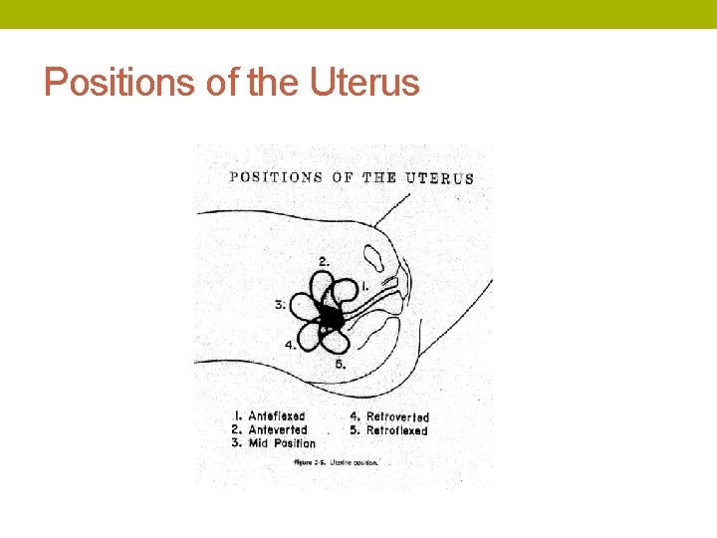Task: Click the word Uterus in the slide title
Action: pyautogui.click(x=364, y=83)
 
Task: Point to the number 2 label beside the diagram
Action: pyautogui.click(x=325, y=261)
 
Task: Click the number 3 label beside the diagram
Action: pyautogui.click(x=280, y=305)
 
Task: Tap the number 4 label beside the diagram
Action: pyautogui.click(x=290, y=345)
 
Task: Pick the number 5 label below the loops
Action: pyautogui.click(x=340, y=365)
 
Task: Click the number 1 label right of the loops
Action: pyautogui.click(x=365, y=286)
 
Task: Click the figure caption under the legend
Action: pyautogui.click(x=338, y=462)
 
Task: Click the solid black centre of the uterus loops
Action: pyautogui.click(x=331, y=319)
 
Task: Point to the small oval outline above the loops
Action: pyautogui.click(x=376, y=258)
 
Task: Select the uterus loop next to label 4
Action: pyautogui.click(x=312, y=337)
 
